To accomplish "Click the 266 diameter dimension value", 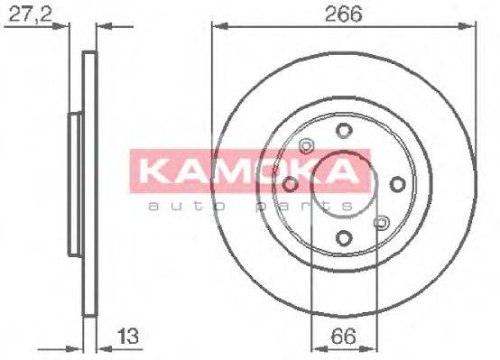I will [344, 14].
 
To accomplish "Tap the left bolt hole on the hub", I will [290, 184].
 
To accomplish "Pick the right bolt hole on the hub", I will [396, 184].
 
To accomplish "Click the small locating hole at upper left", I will [305, 146].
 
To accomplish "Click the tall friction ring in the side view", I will [88, 184].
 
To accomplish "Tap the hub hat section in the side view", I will [74, 184].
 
